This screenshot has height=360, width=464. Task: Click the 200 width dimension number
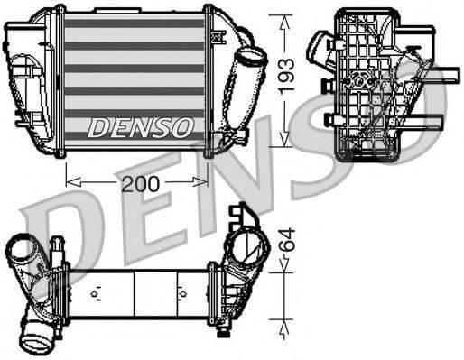click(139, 183)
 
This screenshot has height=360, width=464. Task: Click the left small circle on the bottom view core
click(94, 294)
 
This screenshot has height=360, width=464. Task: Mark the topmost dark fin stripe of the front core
click(136, 23)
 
